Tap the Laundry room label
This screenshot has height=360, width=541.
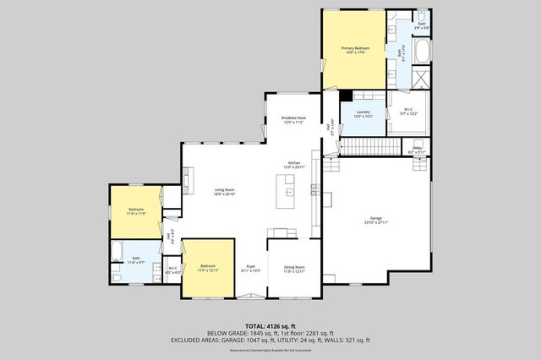coord(363,113)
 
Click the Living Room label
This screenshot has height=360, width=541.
coord(224,192)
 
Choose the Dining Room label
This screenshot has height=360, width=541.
coord(293,269)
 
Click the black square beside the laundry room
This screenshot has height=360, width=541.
coord(345,95)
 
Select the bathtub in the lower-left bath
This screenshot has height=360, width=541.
coord(117,252)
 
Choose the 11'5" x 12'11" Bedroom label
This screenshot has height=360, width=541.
coord(209,269)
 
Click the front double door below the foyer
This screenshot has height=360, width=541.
coord(250,296)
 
